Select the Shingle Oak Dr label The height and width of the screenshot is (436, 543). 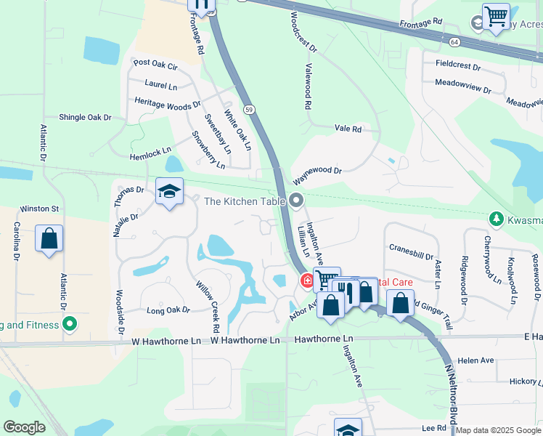(x=85, y=117)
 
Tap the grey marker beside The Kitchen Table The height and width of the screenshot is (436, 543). (x=295, y=200)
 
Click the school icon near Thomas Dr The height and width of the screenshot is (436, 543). (x=169, y=192)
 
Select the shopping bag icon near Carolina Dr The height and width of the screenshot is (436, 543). (x=49, y=239)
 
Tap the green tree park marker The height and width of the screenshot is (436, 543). (x=496, y=218)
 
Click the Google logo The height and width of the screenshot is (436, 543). (x=24, y=428)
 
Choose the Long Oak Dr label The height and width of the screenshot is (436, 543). (x=168, y=310)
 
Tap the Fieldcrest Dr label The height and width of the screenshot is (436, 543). (x=457, y=65)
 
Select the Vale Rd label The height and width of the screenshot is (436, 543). (x=348, y=129)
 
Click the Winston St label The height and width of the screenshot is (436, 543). (x=38, y=209)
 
